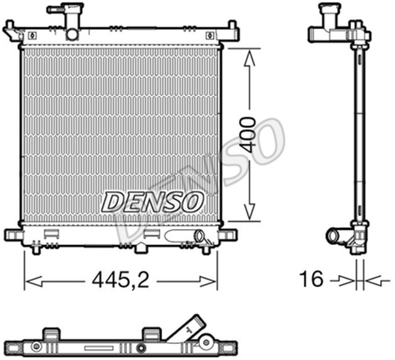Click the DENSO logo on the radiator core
click(152, 201)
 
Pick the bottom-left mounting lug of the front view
click(12, 235)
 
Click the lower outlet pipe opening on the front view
click(199, 237)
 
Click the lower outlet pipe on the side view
click(335, 236)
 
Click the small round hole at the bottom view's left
click(36, 346)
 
